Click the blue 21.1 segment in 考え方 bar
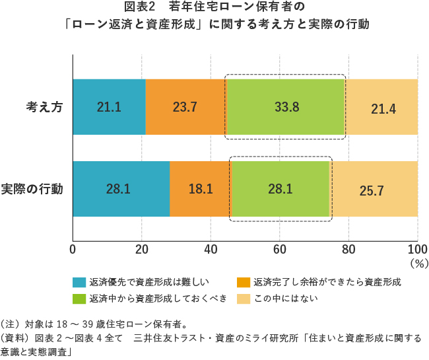click(x=109, y=107)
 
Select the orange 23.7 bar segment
click(x=185, y=107)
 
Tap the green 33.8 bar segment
click(x=285, y=107)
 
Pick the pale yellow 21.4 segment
click(x=381, y=107)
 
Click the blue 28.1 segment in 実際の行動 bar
click(x=121, y=189)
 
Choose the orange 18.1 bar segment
click(x=201, y=189)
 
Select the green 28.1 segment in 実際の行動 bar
click(x=280, y=189)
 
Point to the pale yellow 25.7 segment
click(x=374, y=189)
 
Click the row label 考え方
click(x=44, y=107)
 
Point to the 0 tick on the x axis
click(x=73, y=249)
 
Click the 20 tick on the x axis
click(x=141, y=249)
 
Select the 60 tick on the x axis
click(x=279, y=249)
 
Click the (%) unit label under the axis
click(x=418, y=262)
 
